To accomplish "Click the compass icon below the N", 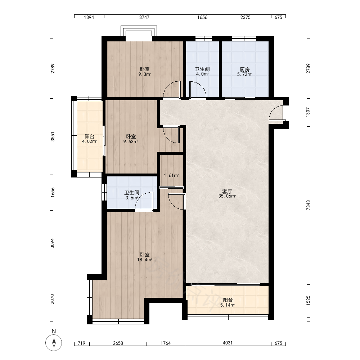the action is [x=54, y=343].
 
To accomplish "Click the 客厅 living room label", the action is [x=227, y=191].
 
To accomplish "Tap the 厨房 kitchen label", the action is [x=244, y=69].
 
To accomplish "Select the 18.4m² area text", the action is [x=145, y=260].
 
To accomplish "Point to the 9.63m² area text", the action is [x=131, y=141].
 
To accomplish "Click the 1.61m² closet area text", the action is [x=171, y=176].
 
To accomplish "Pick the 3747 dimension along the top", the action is [x=144, y=17].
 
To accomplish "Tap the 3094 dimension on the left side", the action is [x=53, y=243].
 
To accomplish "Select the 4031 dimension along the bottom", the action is [x=228, y=343].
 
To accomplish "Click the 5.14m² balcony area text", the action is [x=228, y=305].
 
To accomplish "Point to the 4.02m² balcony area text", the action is [x=90, y=141].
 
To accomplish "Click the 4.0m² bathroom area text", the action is [x=202, y=74].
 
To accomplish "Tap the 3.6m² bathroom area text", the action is [x=132, y=198].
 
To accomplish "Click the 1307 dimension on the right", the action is [x=308, y=112].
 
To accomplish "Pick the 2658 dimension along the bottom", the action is [x=118, y=343].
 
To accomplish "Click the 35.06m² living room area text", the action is [x=227, y=196].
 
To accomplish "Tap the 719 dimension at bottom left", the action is [x=81, y=343].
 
